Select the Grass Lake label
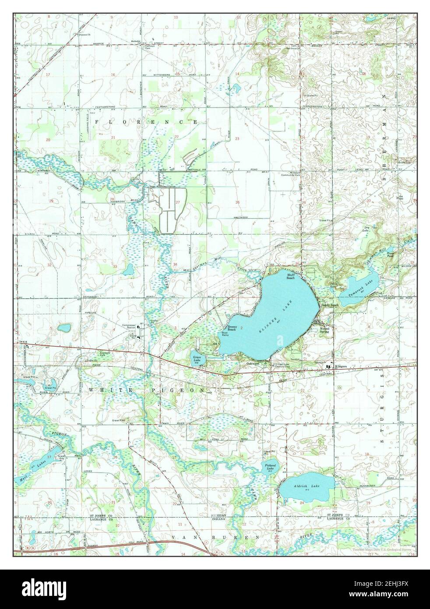(x=197, y=359)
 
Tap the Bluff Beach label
(x=292, y=276)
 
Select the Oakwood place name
(x=253, y=363)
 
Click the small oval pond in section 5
(x=64, y=327)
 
